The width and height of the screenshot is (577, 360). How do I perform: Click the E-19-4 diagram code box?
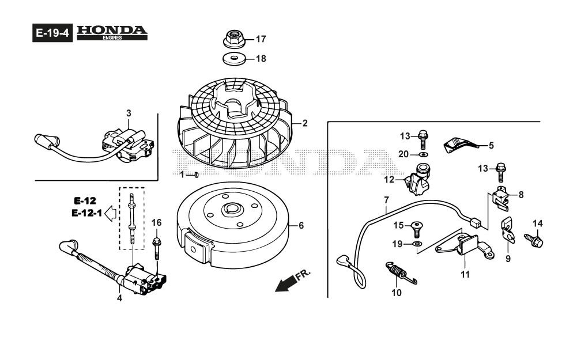52,33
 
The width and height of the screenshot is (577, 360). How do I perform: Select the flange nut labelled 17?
234,40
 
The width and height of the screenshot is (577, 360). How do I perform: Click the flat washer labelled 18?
234,58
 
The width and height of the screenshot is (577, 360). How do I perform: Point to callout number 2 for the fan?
304,123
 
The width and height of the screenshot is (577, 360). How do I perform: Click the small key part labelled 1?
197,175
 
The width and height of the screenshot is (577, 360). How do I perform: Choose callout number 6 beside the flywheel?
300,226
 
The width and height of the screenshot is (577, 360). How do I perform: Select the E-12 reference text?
84,201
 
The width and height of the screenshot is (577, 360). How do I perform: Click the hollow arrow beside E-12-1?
111,213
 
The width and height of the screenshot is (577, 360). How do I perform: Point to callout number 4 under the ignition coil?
119,298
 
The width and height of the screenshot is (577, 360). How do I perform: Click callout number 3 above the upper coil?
129,112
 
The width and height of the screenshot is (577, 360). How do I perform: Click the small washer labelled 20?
424,154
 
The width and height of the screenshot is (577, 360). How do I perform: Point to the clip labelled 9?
507,230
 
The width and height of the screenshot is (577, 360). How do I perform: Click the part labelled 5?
459,144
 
